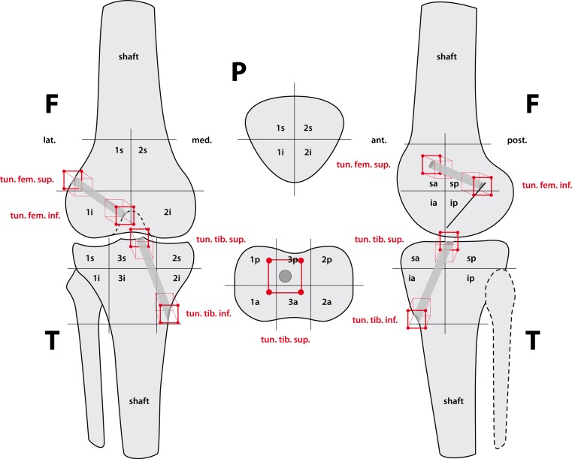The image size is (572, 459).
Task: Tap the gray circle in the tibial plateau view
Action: tap(285, 276)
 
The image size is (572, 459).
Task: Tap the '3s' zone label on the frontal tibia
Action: tap(120, 258)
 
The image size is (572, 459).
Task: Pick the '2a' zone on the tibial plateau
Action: tap(326, 301)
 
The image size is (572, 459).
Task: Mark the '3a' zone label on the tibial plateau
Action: tap(292, 301)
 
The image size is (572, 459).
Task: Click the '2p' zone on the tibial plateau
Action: tap(326, 260)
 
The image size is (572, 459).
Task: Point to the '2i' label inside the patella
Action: tap(307, 152)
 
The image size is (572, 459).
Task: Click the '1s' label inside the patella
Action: tap(281, 128)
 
